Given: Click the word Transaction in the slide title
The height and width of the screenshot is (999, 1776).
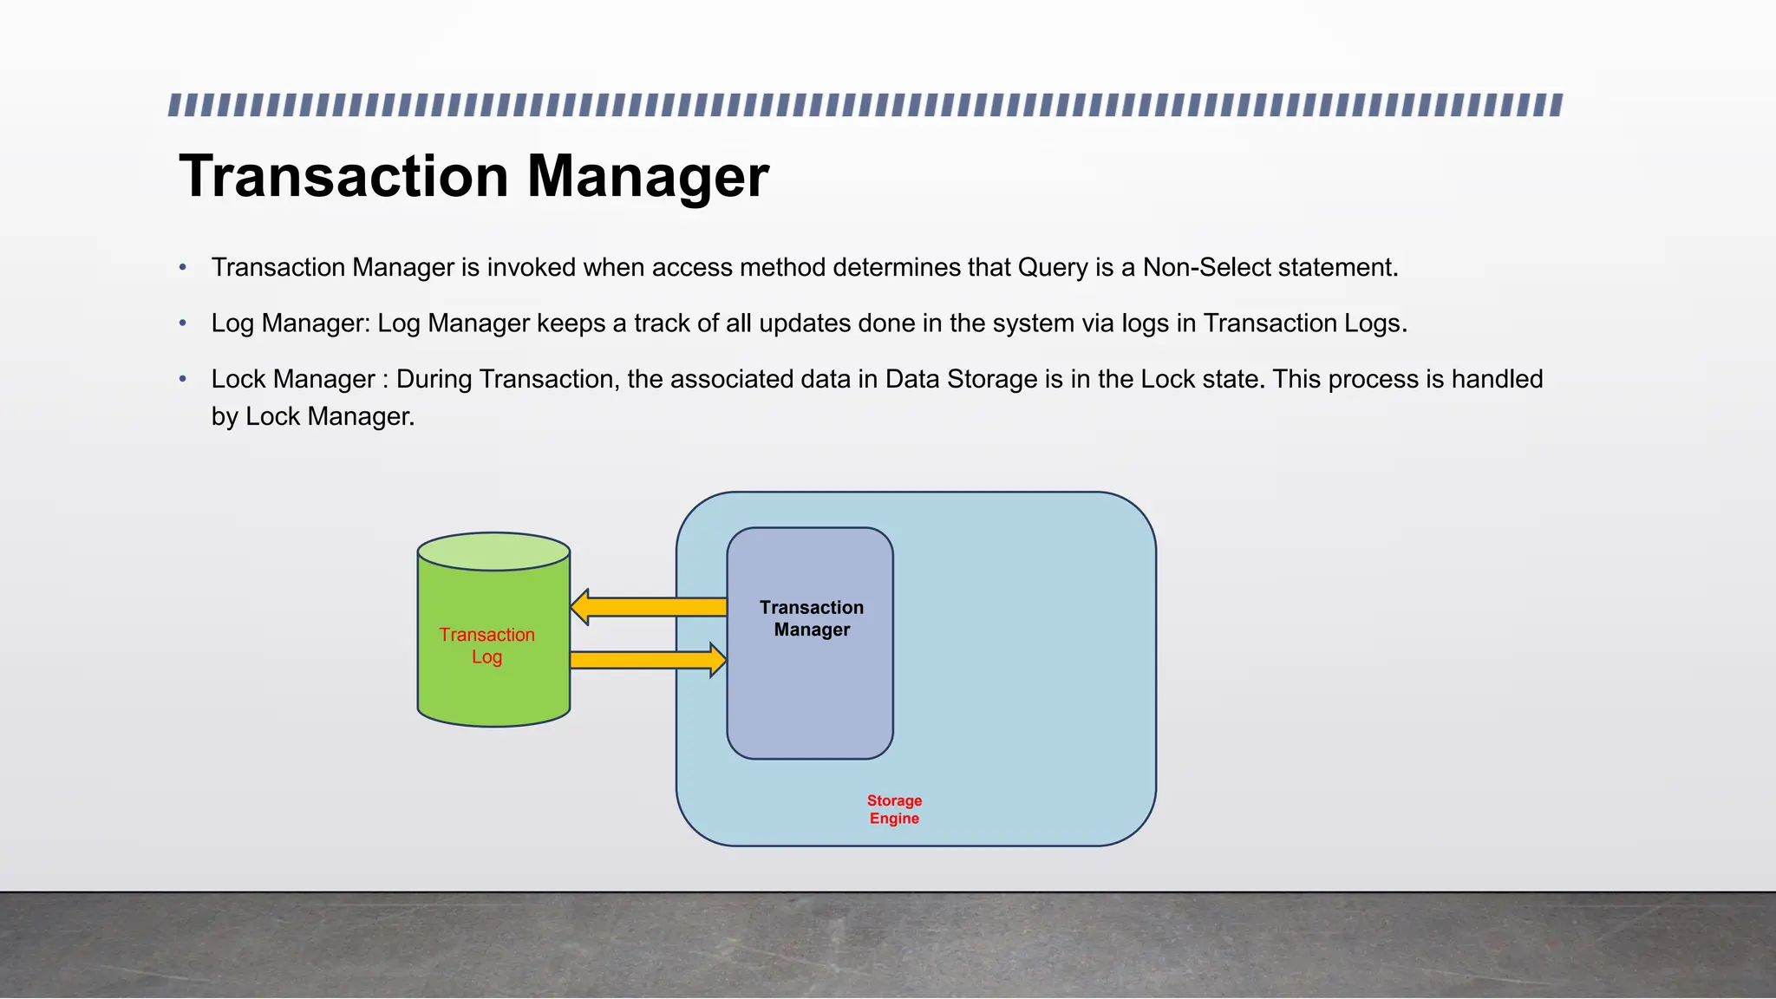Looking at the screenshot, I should (343, 177).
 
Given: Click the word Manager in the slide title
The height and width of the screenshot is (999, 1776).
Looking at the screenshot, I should (648, 177).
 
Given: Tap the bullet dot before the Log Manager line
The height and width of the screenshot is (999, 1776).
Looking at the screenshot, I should (183, 323).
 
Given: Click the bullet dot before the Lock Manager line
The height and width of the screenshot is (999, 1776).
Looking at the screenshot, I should (183, 379).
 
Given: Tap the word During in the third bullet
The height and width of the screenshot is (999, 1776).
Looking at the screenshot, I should (434, 379).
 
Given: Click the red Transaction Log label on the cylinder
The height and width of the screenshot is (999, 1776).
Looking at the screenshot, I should (486, 646).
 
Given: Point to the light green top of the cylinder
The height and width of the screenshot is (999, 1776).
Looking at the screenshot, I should (493, 552).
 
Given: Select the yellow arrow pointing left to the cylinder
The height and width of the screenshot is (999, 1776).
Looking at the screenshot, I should (649, 607).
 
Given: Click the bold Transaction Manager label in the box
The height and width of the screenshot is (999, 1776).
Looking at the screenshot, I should (812, 618).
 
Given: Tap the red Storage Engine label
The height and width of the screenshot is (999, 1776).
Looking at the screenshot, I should (894, 809).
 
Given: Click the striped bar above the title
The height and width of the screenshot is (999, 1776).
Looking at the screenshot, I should (865, 106).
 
